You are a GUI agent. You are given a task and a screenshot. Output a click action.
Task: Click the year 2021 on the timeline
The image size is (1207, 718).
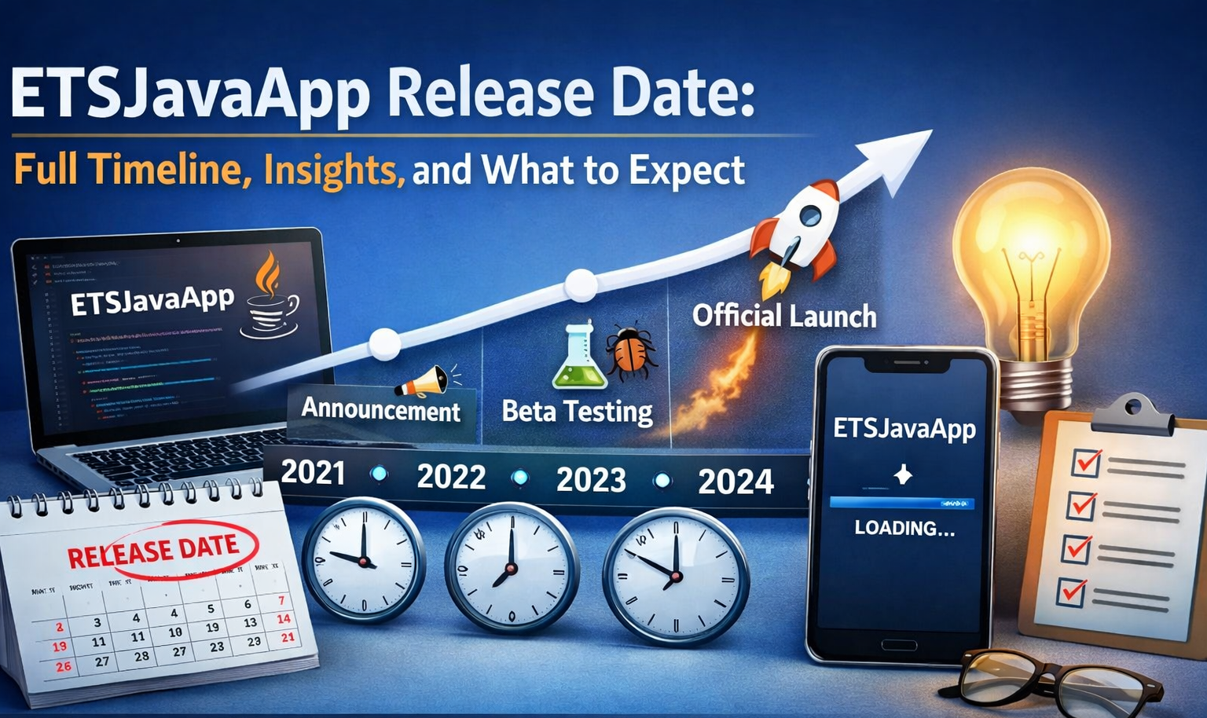pyautogui.click(x=313, y=472)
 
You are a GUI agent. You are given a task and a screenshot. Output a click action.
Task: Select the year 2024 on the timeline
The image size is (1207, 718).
pyautogui.click(x=736, y=481)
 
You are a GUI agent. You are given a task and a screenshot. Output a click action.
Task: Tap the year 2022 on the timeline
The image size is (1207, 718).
pyautogui.click(x=451, y=476)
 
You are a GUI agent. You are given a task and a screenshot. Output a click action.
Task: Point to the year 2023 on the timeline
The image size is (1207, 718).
pyautogui.click(x=591, y=479)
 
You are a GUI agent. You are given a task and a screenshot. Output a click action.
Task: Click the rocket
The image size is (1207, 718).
pyautogui.click(x=796, y=228)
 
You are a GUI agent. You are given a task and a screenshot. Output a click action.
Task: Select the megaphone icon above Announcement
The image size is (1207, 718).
pyautogui.click(x=424, y=381)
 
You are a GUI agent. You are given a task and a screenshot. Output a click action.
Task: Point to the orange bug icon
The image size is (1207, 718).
pyautogui.click(x=631, y=352)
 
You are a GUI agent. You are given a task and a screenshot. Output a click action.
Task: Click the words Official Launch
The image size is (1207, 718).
pyautogui.click(x=784, y=316)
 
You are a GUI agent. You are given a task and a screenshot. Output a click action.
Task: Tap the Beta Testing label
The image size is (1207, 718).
pyautogui.click(x=577, y=411)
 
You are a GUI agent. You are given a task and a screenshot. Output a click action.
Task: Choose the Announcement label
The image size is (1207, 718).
pyautogui.click(x=381, y=409)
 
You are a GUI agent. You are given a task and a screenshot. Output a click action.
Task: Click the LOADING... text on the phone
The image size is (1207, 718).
pyautogui.click(x=904, y=528)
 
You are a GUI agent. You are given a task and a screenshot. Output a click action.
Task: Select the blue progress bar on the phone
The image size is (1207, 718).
pyautogui.click(x=902, y=503)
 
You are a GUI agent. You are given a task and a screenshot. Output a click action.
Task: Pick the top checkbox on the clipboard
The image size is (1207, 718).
pyautogui.click(x=1087, y=462)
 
